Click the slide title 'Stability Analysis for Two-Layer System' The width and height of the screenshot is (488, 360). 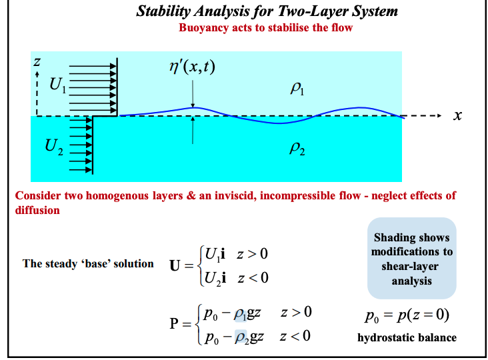coord(267,11)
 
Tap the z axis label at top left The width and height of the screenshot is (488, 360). coord(37,61)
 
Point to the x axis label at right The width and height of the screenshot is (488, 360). coord(457,116)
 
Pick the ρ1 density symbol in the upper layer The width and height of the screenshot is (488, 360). coord(298,89)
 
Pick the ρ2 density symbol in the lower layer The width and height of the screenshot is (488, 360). coord(297,151)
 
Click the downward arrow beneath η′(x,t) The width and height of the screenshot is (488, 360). coord(193,94)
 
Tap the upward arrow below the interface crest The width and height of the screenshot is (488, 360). coord(193,131)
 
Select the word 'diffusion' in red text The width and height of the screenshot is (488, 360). coord(37,210)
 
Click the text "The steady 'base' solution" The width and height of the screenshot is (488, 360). coord(88,263)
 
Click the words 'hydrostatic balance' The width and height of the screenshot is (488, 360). coord(407,337)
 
